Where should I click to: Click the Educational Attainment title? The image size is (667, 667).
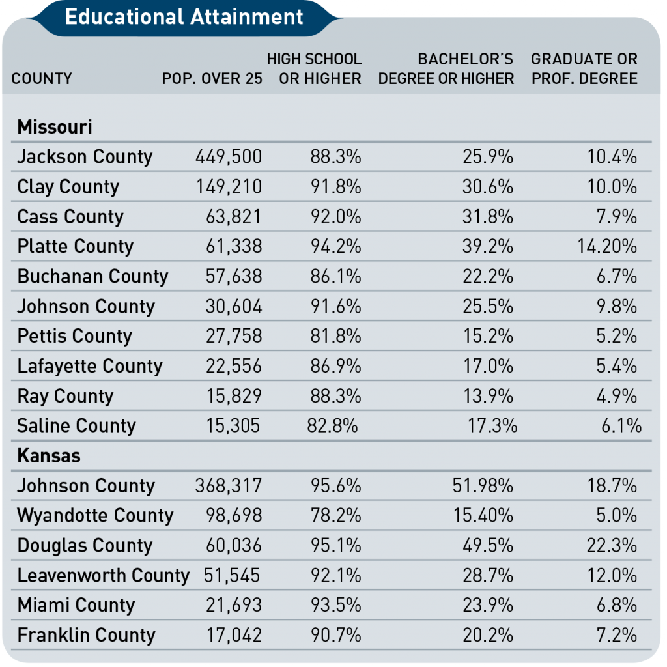point(184,17)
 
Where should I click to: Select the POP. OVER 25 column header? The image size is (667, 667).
point(212,79)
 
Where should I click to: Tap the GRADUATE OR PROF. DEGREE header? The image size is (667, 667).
point(584,68)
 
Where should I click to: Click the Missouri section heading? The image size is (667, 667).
point(55,127)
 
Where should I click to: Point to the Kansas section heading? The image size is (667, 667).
point(48,455)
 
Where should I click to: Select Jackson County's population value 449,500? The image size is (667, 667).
point(229,156)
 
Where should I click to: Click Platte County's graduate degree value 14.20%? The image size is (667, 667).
point(607,246)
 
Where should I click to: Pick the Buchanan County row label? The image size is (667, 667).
point(92,276)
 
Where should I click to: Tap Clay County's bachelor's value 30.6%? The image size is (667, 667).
point(488,187)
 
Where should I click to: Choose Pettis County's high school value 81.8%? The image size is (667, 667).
point(335,336)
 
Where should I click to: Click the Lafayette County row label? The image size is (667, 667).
point(90,366)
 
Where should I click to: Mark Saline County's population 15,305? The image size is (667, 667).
point(233,426)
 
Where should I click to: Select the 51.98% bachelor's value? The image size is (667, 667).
point(483,486)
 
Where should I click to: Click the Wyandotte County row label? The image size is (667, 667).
point(95,516)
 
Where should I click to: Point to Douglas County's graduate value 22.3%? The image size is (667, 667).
point(612,545)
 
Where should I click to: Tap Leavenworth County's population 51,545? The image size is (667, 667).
point(232,576)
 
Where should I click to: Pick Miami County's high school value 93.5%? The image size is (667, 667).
point(335,605)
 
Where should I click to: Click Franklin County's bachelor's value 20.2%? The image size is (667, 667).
point(488,635)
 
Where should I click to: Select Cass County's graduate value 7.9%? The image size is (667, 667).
point(616,216)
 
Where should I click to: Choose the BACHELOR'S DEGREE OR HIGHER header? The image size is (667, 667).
point(446,68)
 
